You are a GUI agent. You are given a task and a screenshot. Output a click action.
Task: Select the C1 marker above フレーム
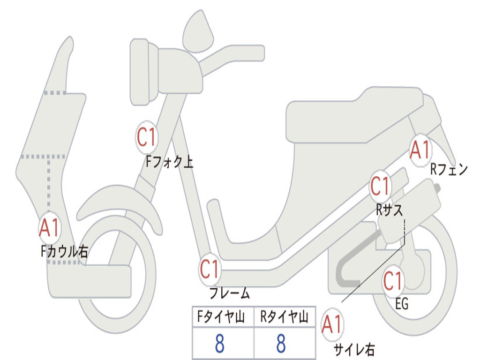(x=210, y=269)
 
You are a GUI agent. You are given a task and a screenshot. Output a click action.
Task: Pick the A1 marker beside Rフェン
(x=420, y=150)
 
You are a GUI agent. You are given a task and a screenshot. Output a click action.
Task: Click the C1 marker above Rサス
(x=381, y=187)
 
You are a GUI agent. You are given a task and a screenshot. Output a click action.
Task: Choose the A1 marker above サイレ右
(x=332, y=324)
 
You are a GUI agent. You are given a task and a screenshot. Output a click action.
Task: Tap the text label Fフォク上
(x=169, y=162)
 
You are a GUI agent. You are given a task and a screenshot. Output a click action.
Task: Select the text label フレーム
(x=229, y=294)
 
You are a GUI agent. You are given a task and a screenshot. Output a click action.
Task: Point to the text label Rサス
(x=389, y=210)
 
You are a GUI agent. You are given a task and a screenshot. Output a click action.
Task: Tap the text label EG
(x=401, y=304)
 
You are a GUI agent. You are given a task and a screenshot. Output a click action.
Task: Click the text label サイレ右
(x=354, y=349)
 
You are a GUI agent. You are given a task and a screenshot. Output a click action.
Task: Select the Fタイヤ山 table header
(x=223, y=318)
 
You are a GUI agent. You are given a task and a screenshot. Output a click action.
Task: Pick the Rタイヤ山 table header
(x=284, y=318)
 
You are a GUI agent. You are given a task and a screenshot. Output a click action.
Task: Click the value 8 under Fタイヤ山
(x=219, y=344)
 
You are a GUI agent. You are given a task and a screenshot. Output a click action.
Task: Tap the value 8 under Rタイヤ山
(x=281, y=344)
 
